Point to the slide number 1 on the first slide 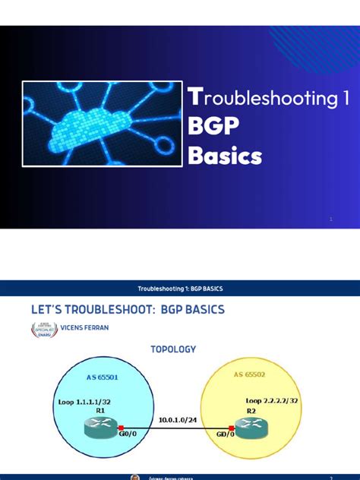[331, 219]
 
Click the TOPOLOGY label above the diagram [175, 349]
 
